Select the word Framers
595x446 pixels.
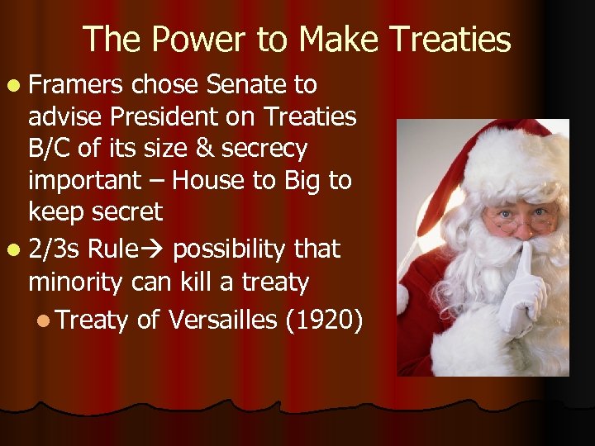tap(76, 84)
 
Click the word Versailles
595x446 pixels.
tap(221, 319)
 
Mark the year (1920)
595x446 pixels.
tap(323, 319)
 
